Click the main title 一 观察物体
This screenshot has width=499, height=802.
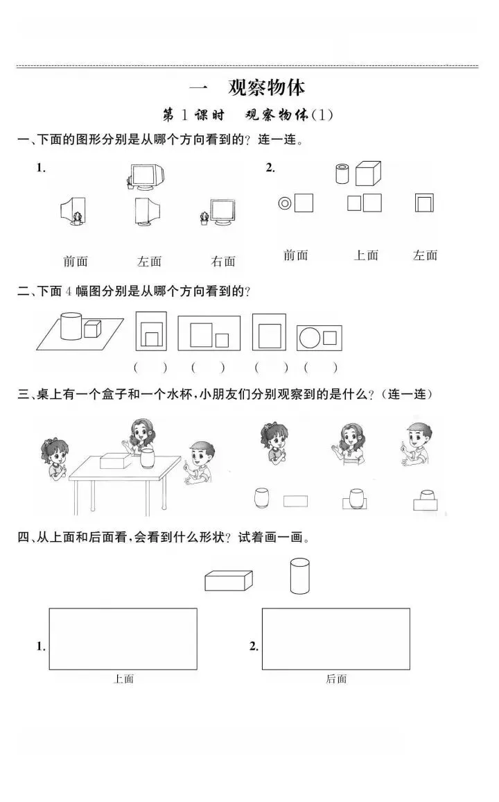point(247,87)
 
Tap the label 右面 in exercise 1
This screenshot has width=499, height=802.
point(223,262)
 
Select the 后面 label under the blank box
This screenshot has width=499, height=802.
point(336,679)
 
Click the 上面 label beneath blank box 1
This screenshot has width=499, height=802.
point(123,679)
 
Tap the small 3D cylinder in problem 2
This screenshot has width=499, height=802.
point(341,173)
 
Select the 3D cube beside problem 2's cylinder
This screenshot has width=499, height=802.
point(368,173)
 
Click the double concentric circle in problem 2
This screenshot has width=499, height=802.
point(284,203)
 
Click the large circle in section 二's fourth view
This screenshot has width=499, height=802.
point(309,338)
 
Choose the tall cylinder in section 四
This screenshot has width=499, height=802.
point(299,576)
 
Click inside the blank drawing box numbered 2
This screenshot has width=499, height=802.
point(335,639)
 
